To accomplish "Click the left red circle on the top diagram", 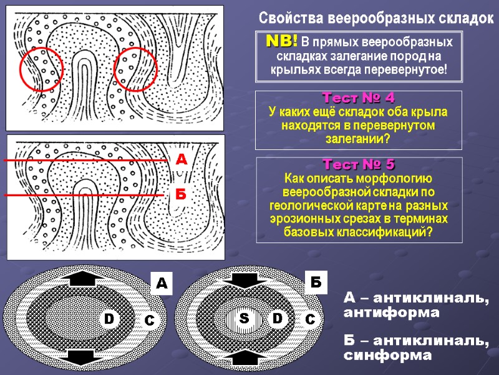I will pyautogui.click(x=41, y=69).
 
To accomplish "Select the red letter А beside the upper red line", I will pyautogui.click(x=181, y=161).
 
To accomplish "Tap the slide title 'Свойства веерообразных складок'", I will pyautogui.click(x=375, y=17).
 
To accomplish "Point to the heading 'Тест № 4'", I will pyautogui.click(x=358, y=98).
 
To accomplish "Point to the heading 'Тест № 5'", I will pyautogui.click(x=358, y=164).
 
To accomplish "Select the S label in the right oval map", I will pyautogui.click(x=244, y=319).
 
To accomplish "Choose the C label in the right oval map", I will pyautogui.click(x=310, y=319).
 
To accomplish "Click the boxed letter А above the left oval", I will pyautogui.click(x=161, y=284).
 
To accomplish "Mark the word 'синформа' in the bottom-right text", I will pyautogui.click(x=387, y=355).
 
